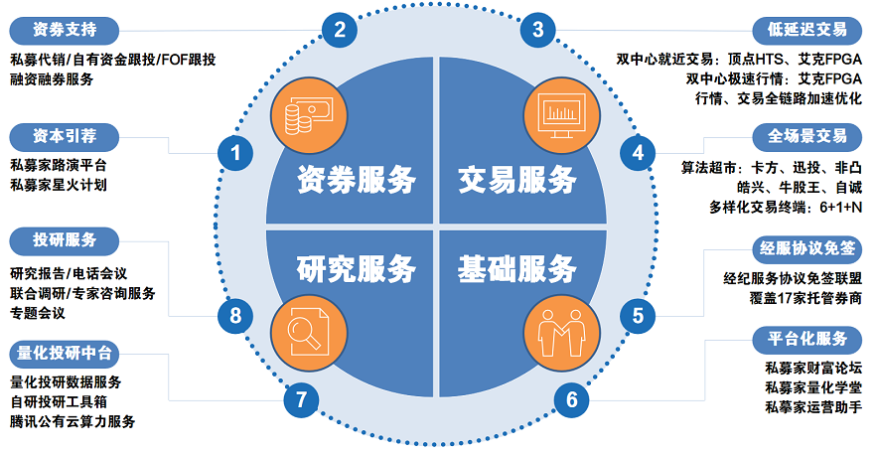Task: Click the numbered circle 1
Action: (235, 153)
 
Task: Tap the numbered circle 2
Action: (340, 29)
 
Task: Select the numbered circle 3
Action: (538, 29)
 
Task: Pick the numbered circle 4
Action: (638, 153)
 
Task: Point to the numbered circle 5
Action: (638, 316)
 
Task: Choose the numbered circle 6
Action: (572, 399)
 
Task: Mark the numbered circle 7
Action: (302, 399)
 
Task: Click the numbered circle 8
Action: (235, 316)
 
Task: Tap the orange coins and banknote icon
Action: (309, 116)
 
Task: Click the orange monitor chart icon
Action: (561, 116)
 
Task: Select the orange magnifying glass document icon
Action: (309, 333)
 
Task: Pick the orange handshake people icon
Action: (561, 333)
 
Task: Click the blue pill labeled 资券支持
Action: (65, 30)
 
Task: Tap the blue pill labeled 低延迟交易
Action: (807, 30)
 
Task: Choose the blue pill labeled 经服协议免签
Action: (807, 249)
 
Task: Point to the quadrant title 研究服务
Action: (357, 269)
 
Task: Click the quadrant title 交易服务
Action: (516, 180)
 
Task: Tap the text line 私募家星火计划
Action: (58, 185)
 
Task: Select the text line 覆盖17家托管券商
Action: (805, 298)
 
